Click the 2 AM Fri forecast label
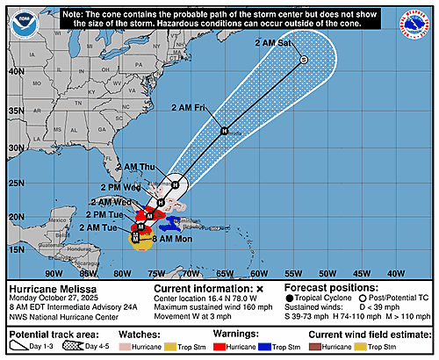188,107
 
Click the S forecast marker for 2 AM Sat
303,60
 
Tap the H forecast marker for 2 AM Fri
224,131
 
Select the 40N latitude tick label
17,72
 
